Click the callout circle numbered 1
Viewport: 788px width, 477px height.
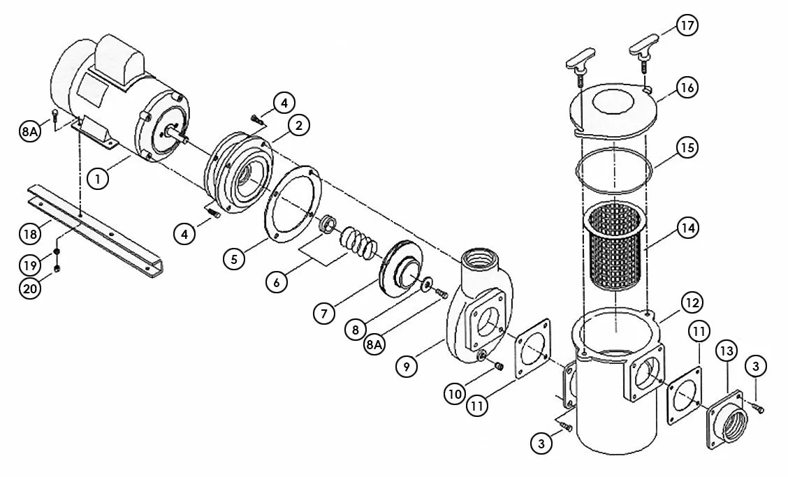[98, 178]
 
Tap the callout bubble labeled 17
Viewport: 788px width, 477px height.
[687, 25]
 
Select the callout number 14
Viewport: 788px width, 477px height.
[688, 228]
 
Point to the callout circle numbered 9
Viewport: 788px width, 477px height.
[406, 366]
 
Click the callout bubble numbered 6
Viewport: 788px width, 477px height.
[277, 282]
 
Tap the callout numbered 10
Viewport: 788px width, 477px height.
[455, 394]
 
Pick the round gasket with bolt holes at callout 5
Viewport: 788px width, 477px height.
[293, 206]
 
